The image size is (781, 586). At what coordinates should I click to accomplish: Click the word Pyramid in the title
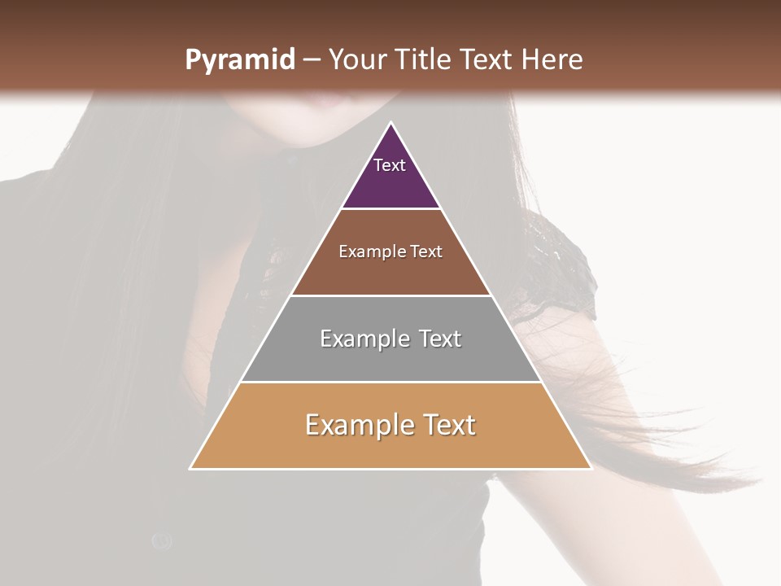point(239,60)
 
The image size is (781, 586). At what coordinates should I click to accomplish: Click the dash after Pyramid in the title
point(310,60)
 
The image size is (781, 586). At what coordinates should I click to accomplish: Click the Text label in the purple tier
point(390,165)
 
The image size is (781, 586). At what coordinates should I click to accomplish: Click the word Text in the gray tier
point(440,339)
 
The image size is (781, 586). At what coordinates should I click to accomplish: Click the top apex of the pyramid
point(391,123)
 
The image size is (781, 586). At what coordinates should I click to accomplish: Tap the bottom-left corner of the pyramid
point(190,469)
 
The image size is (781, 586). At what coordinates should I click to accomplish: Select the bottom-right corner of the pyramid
point(591,469)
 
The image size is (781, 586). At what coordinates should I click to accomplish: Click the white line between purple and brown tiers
point(391,209)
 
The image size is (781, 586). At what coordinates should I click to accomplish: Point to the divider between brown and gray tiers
point(391,295)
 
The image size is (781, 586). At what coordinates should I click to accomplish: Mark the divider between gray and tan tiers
point(391,383)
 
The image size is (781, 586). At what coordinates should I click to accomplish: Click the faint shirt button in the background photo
point(162,539)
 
